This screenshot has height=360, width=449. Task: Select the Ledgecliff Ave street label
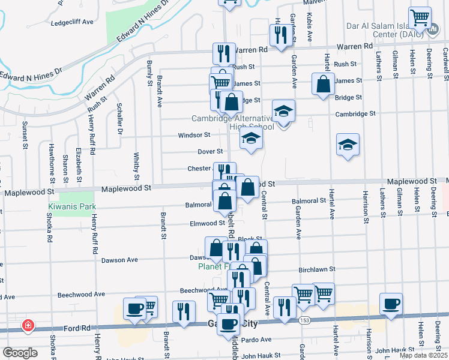pos(73,22)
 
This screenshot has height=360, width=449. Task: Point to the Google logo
pos(20,352)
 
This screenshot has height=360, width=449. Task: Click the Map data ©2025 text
pos(423,355)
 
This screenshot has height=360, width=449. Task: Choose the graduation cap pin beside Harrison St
pos(348,145)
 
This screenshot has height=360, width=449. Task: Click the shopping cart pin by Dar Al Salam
pos(420,17)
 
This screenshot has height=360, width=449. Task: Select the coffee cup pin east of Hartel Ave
pos(391,304)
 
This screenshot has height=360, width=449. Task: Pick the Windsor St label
pos(194,136)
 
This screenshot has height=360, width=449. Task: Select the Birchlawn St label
pos(332,270)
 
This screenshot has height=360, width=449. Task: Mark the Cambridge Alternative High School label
pos(233,122)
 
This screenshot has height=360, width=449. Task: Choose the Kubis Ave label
pos(310,27)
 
